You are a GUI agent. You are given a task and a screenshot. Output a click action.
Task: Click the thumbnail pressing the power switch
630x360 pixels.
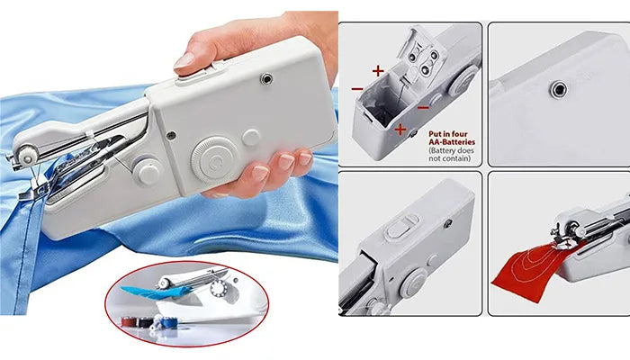pos(184,60)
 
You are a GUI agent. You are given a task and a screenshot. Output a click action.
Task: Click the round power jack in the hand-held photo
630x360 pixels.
pos(266,79)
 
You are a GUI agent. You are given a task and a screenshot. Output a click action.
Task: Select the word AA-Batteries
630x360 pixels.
pos(452,142)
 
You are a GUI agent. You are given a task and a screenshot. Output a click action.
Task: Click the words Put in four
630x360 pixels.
pos(448,134)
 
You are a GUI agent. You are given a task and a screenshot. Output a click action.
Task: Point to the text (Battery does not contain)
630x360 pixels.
pos(451,154)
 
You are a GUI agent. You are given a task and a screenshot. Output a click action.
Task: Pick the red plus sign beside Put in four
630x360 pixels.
pos(400,129)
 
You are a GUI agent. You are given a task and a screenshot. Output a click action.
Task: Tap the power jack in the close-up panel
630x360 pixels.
pos(559,89)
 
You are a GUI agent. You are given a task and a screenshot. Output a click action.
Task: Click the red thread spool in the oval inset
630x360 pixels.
pos(128,321)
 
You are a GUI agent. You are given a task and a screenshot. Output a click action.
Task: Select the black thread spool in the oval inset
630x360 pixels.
pos(143,322)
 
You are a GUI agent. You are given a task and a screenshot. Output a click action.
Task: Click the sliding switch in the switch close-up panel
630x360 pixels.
pos(401,226)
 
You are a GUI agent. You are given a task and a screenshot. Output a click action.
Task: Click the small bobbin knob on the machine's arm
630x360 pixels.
pos(147,172)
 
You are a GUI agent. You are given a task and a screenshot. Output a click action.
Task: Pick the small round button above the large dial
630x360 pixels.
pos(251,138)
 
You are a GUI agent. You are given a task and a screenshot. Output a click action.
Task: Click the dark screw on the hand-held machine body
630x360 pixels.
pos(171,135)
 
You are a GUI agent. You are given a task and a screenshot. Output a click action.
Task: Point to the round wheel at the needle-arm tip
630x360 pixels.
pos(27,155)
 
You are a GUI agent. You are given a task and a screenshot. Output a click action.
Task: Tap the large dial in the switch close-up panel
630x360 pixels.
pos(414,283)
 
